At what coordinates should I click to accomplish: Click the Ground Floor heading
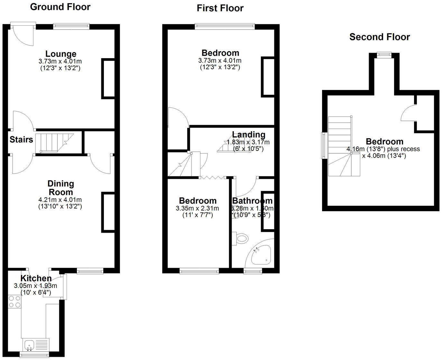(60, 7)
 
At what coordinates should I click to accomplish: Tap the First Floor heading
(220, 8)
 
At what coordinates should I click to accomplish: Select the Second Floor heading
(380, 37)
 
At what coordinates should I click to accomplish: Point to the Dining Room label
(60, 188)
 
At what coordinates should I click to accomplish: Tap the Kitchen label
(36, 278)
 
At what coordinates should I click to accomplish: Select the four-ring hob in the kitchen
(14, 302)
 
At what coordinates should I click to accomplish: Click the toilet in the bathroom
(241, 239)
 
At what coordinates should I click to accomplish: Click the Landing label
(249, 135)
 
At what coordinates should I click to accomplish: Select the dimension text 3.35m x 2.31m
(197, 208)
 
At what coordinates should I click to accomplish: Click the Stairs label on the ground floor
(21, 139)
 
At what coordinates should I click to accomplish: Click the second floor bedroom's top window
(384, 55)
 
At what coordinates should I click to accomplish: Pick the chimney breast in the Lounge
(108, 78)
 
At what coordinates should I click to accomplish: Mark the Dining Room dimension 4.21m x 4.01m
(60, 200)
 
